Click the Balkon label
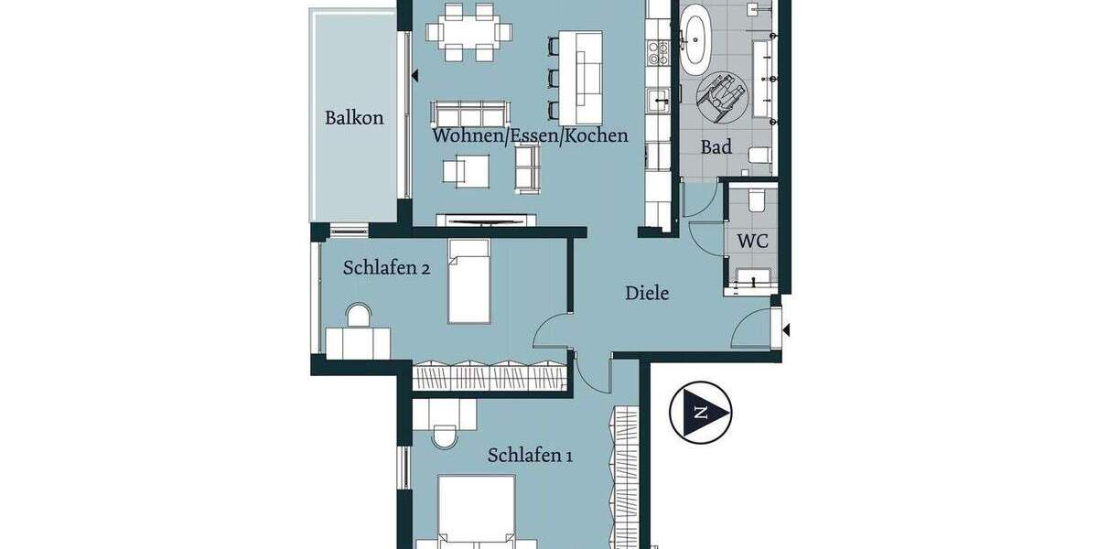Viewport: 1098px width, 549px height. tap(354, 118)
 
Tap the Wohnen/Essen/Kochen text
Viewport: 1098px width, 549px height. tap(530, 135)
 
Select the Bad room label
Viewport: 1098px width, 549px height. tap(716, 146)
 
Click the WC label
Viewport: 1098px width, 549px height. tap(752, 242)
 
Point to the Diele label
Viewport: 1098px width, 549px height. tap(647, 294)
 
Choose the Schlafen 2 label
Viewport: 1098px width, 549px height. tap(386, 268)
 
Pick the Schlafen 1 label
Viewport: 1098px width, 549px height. tap(530, 456)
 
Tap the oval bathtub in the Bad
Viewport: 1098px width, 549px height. tap(694, 40)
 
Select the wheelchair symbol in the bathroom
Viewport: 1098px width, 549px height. tap(722, 95)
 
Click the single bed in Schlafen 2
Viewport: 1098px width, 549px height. tap(468, 281)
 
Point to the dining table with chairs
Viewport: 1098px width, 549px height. tap(468, 31)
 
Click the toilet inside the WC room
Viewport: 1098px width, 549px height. tap(755, 199)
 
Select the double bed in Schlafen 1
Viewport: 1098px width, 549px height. tap(476, 512)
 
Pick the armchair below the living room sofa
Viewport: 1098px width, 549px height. tap(467, 170)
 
